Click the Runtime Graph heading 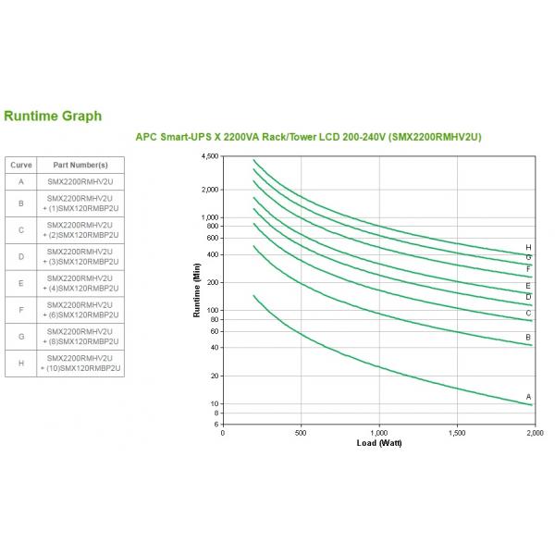[53, 117]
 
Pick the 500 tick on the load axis [301, 432]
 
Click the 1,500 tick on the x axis [457, 432]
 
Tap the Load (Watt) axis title [379, 443]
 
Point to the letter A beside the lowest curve [528, 396]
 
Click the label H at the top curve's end [528, 247]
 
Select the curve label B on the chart [528, 338]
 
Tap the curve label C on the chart [528, 313]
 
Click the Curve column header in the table [20, 165]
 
